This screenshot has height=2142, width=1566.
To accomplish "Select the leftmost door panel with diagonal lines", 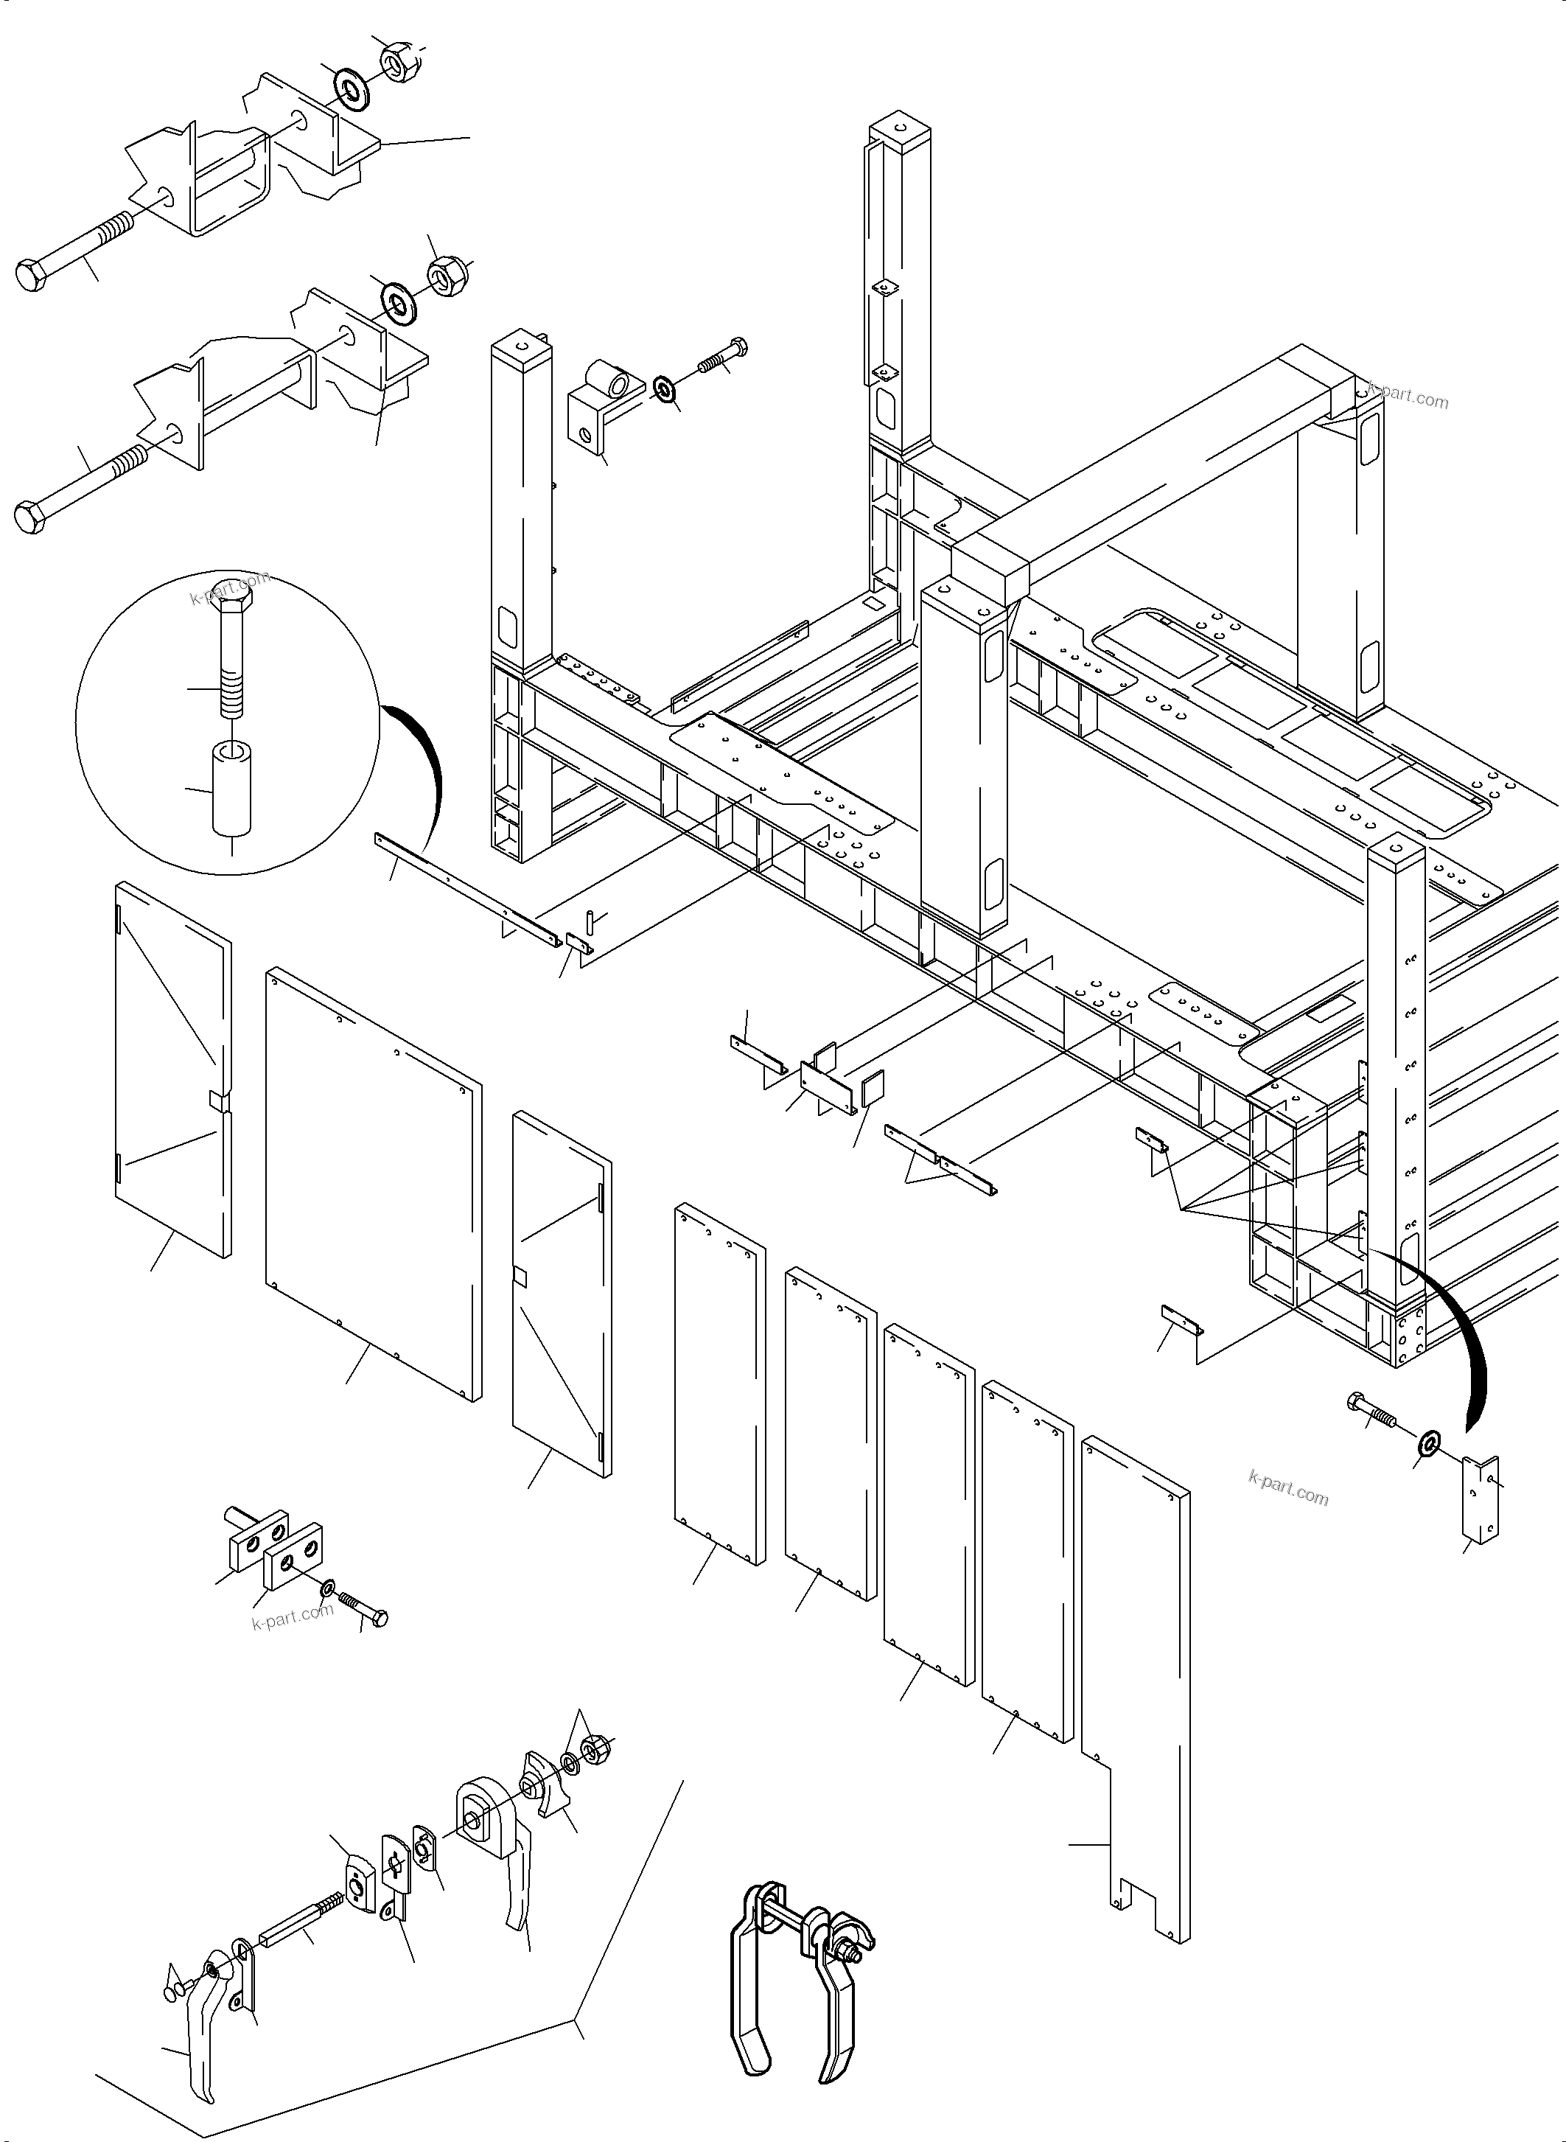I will pyautogui.click(x=171, y=1072).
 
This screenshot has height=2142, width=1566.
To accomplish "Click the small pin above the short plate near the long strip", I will pyautogui.click(x=589, y=919).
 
